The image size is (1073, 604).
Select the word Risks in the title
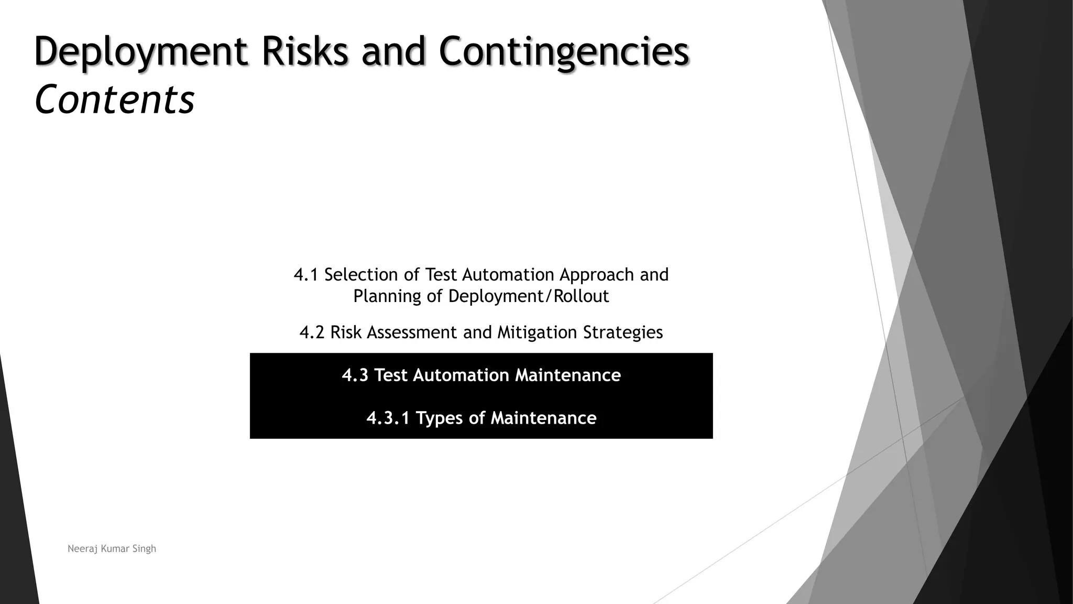[x=305, y=51]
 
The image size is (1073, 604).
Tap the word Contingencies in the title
[x=564, y=51]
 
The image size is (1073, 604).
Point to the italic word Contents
[x=114, y=100]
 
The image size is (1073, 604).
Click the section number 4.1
[x=306, y=275]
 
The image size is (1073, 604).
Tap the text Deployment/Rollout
[x=529, y=296]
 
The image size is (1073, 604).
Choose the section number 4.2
[x=312, y=332]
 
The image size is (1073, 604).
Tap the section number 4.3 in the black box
[x=355, y=375]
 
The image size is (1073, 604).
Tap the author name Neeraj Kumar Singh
[x=112, y=549]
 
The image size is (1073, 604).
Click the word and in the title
[x=393, y=51]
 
